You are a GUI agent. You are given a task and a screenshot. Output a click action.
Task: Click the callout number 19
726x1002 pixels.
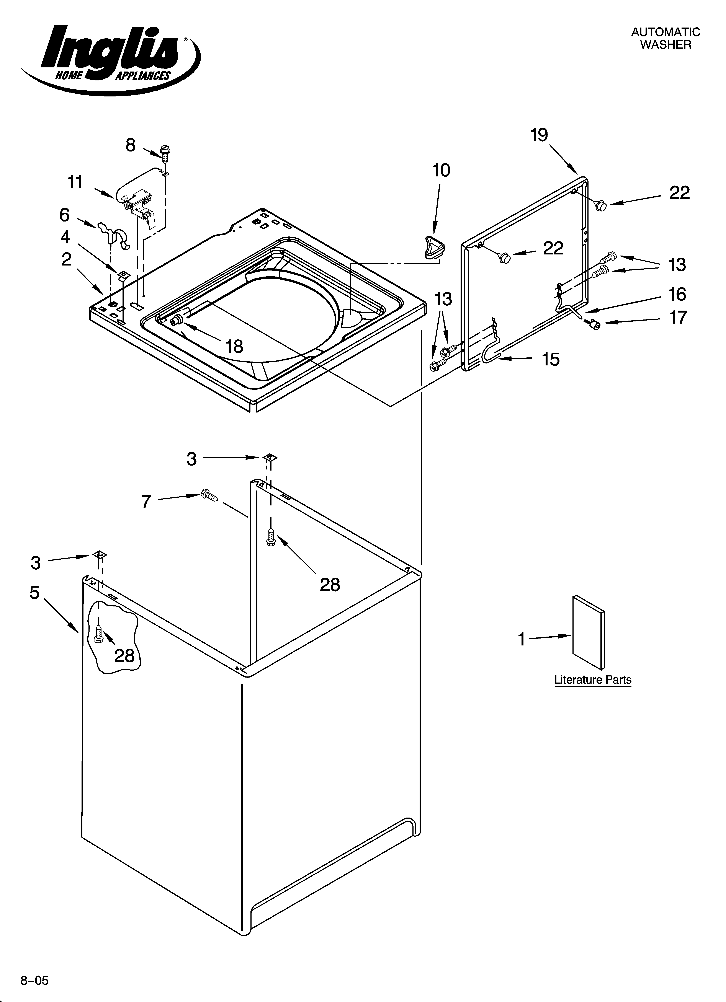[539, 135]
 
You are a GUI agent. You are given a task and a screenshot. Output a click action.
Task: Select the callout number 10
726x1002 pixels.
[441, 170]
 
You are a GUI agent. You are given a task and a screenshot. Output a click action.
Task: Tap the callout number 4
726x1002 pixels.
[65, 237]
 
